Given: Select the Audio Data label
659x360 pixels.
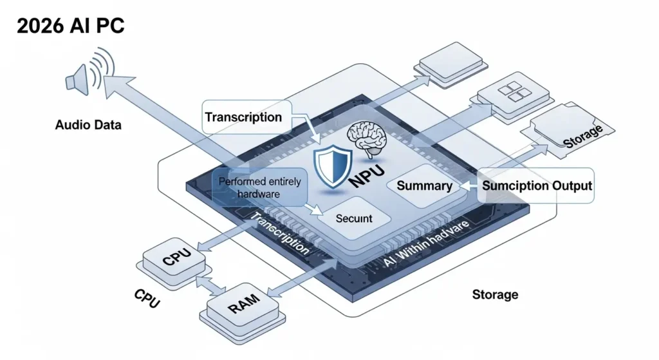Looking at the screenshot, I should (88, 125).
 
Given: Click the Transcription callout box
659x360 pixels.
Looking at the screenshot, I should (243, 117).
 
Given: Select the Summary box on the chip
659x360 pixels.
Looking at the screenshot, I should (424, 185).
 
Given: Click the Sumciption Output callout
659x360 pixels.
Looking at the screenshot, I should (537, 186).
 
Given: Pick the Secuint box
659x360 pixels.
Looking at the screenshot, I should (354, 218).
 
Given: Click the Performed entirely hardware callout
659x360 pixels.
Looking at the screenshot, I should (259, 187).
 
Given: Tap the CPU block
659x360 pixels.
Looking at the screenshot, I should (175, 260).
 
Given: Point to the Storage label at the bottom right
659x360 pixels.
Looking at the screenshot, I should (495, 294).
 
